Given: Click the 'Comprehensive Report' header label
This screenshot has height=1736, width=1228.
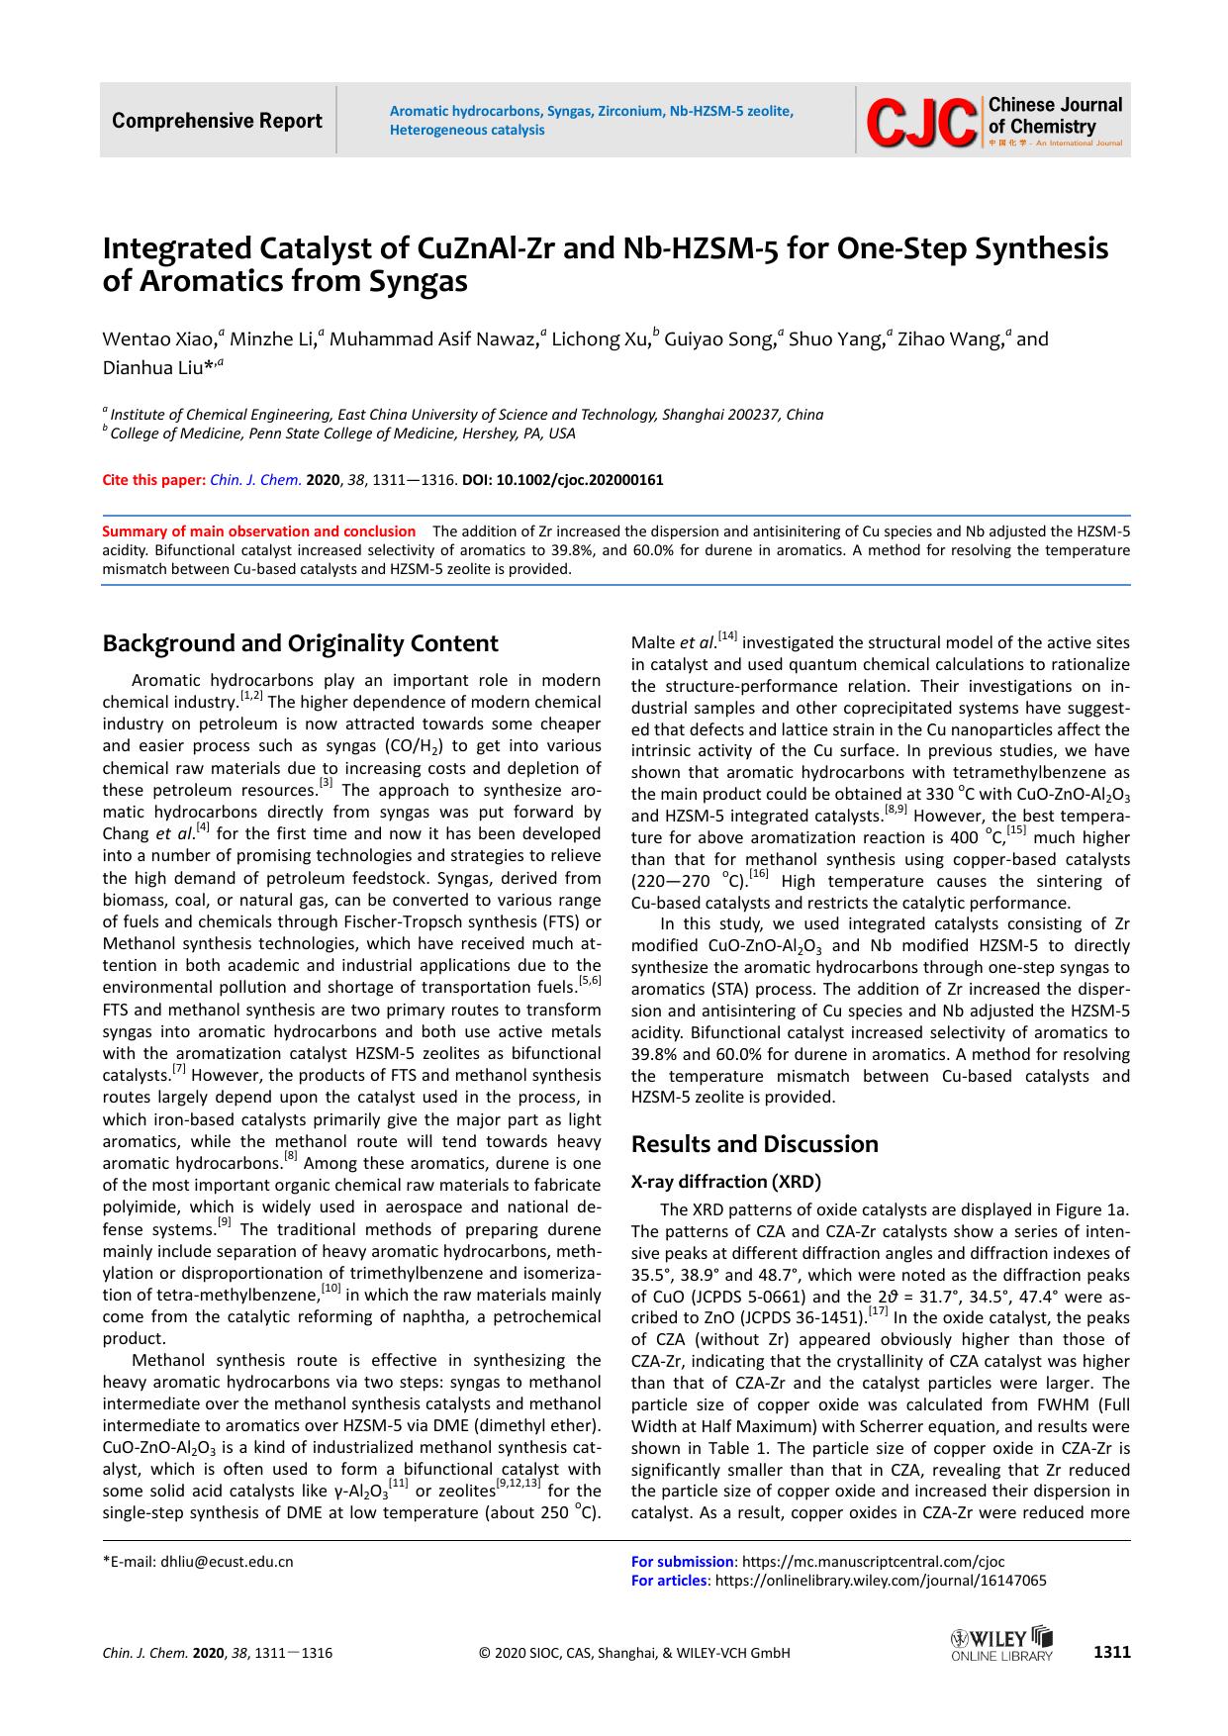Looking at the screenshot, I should coord(217,121).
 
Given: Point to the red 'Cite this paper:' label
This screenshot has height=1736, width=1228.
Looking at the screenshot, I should coord(154,480).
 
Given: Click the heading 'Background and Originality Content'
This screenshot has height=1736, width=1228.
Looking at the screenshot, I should coord(300,643).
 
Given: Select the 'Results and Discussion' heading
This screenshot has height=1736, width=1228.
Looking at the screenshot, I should coord(754,1144).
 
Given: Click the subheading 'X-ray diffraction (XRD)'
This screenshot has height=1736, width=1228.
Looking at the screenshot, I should coord(726,1181).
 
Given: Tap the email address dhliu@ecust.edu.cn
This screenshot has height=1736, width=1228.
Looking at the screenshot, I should coord(227,1562).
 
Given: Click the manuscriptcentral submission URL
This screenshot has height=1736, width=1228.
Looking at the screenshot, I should coord(858,1562).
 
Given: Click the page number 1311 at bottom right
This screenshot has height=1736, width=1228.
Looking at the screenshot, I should coord(1111,1652).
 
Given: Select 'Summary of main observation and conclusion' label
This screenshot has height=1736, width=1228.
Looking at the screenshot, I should coord(259,530).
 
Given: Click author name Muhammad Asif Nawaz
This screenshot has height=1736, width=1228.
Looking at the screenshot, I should coord(433,339).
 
